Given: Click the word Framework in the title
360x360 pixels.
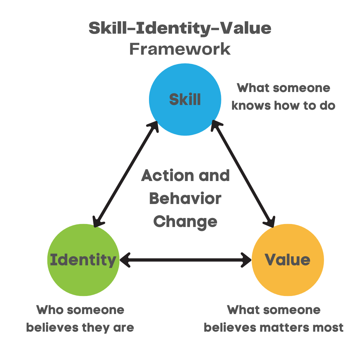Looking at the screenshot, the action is click(180, 49).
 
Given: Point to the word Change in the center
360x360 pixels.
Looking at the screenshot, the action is click(185, 221).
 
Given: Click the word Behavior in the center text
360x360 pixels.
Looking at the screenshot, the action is click(185, 199).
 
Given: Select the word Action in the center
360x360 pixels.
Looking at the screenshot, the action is click(162, 176).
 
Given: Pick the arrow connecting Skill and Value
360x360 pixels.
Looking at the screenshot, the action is click(243, 173).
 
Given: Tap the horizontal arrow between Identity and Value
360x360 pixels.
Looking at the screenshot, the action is click(185, 260).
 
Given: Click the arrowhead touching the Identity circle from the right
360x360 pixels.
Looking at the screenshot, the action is click(124, 260).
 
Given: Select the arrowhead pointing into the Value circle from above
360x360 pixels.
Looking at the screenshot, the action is click(270, 222).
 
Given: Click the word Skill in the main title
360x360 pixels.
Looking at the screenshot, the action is click(106, 29).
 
